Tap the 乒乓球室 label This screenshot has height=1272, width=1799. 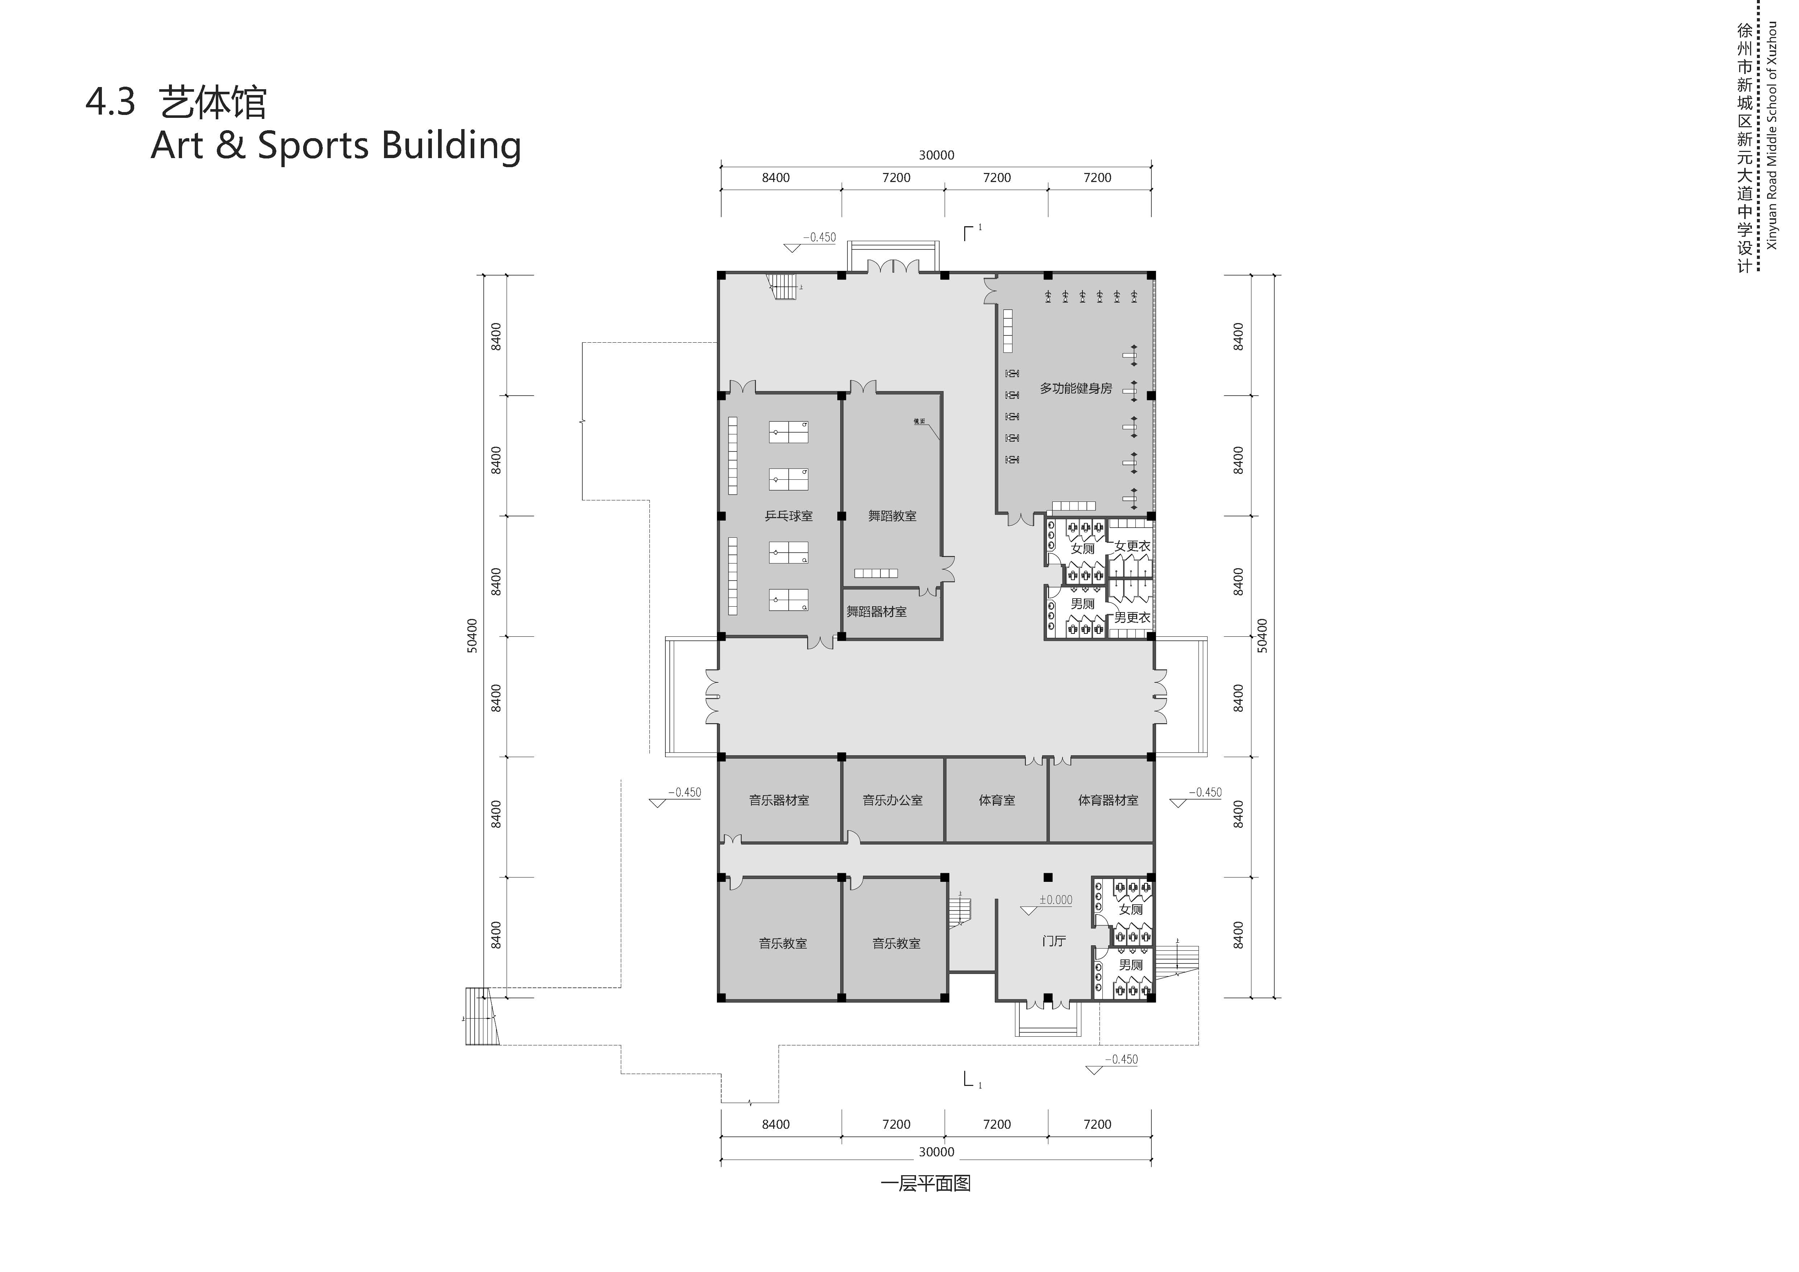pyautogui.click(x=788, y=516)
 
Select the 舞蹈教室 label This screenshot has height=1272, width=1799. pyautogui.click(x=892, y=516)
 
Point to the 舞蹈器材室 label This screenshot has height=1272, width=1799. pyautogui.click(x=876, y=612)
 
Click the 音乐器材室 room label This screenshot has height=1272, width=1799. pyautogui.click(x=779, y=801)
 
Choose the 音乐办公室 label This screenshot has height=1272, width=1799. pyautogui.click(x=892, y=801)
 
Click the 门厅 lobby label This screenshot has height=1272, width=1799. pyautogui.click(x=1054, y=941)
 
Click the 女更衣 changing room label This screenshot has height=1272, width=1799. pyautogui.click(x=1132, y=546)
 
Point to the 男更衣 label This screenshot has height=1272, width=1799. pyautogui.click(x=1132, y=618)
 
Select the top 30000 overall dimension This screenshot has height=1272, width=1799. pyautogui.click(x=936, y=155)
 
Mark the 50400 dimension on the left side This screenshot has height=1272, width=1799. pyautogui.click(x=472, y=636)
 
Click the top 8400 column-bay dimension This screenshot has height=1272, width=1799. pyautogui.click(x=776, y=178)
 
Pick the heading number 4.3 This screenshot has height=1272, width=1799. pyautogui.click(x=111, y=103)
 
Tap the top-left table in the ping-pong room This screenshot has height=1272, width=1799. pyautogui.click(x=788, y=431)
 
